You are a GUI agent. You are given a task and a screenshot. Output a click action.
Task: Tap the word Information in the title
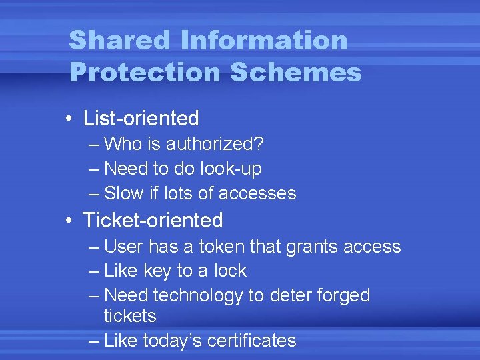263,40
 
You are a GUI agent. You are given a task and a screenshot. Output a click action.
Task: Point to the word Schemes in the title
296,72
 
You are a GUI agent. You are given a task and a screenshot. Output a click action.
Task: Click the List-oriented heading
141,119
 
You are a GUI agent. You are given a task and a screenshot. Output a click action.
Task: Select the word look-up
232,169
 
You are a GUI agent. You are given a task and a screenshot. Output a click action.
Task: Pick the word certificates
251,341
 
